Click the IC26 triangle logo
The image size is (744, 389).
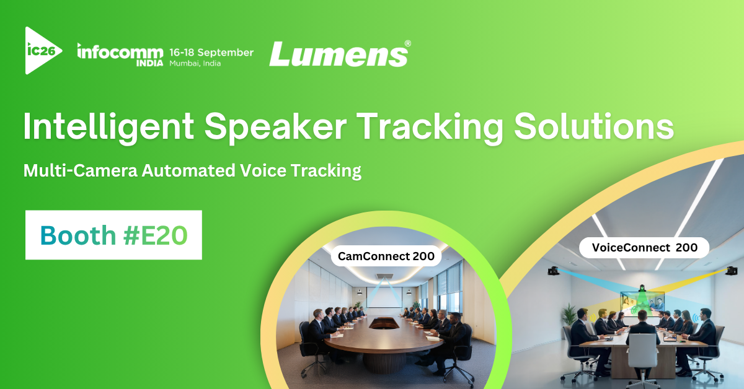(42, 50)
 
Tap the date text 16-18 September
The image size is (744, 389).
(211, 53)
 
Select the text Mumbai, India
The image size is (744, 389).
(195, 63)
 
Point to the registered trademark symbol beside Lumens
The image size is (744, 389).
(408, 43)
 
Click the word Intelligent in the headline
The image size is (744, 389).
(108, 128)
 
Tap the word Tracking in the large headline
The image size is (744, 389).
(430, 128)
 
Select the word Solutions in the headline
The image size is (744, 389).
(594, 126)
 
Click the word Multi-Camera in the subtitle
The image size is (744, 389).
(81, 170)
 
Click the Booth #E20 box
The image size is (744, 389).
(113, 235)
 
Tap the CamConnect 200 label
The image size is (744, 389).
(386, 256)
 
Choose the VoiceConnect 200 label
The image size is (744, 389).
(644, 248)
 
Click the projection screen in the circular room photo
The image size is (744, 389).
(384, 297)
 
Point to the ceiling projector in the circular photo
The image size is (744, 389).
(384, 276)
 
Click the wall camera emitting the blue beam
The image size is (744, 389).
(553, 271)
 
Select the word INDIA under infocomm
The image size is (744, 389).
(149, 63)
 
